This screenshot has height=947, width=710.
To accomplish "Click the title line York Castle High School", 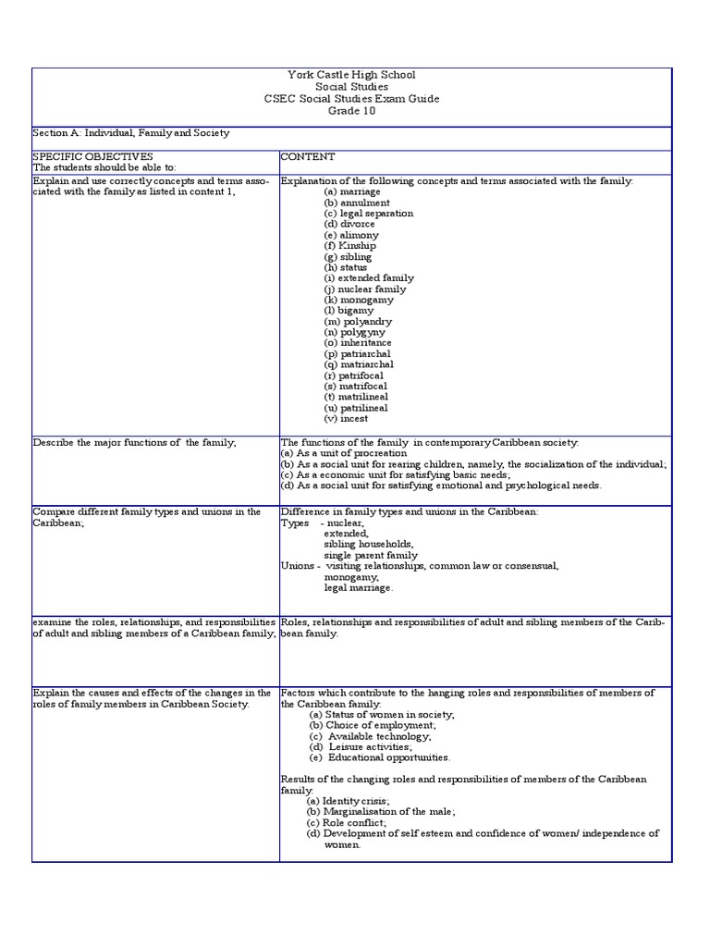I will pyautogui.click(x=351, y=75).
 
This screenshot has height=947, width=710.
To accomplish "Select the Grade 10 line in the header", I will pyautogui.click(x=351, y=111).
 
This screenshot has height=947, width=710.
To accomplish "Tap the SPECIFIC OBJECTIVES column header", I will pyautogui.click(x=92, y=157).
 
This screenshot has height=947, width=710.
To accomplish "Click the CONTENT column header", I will pyautogui.click(x=308, y=157).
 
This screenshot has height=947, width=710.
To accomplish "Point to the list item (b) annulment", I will pyautogui.click(x=357, y=203).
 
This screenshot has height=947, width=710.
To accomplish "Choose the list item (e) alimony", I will pyautogui.click(x=351, y=235).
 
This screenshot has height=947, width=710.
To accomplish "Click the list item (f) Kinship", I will pyautogui.click(x=350, y=246).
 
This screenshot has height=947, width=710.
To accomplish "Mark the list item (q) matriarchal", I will pyautogui.click(x=357, y=364).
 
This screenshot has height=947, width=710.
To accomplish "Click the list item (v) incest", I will pyautogui.click(x=346, y=418).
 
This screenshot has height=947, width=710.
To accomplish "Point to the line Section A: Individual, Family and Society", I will pyautogui.click(x=130, y=133).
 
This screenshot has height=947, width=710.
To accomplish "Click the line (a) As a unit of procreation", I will pyautogui.click(x=343, y=453).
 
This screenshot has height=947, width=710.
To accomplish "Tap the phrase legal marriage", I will pyautogui.click(x=359, y=587).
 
